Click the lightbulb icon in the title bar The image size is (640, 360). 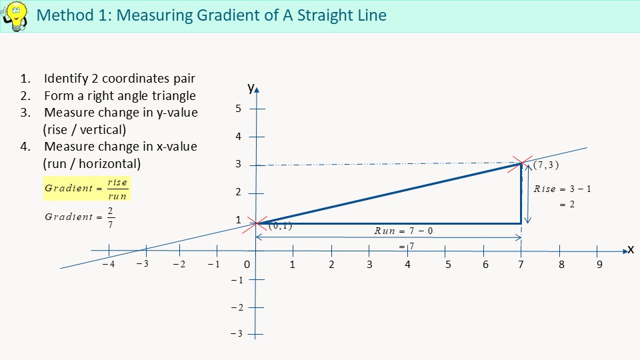(15, 15)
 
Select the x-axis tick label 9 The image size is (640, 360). (599, 265)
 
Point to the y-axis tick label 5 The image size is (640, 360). (239, 109)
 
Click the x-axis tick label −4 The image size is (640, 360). (109, 265)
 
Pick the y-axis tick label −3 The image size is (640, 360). (236, 333)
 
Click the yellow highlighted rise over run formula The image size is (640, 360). (87, 188)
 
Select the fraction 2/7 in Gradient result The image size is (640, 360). (110, 217)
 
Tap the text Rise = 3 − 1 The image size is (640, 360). (563, 189)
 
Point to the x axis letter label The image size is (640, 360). (630, 249)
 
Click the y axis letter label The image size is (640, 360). (251, 87)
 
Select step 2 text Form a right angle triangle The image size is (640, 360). (119, 95)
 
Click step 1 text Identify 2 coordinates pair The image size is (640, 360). (119, 79)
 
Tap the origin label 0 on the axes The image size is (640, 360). (247, 265)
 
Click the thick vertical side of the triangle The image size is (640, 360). (521, 193)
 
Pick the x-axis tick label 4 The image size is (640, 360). (407, 265)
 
